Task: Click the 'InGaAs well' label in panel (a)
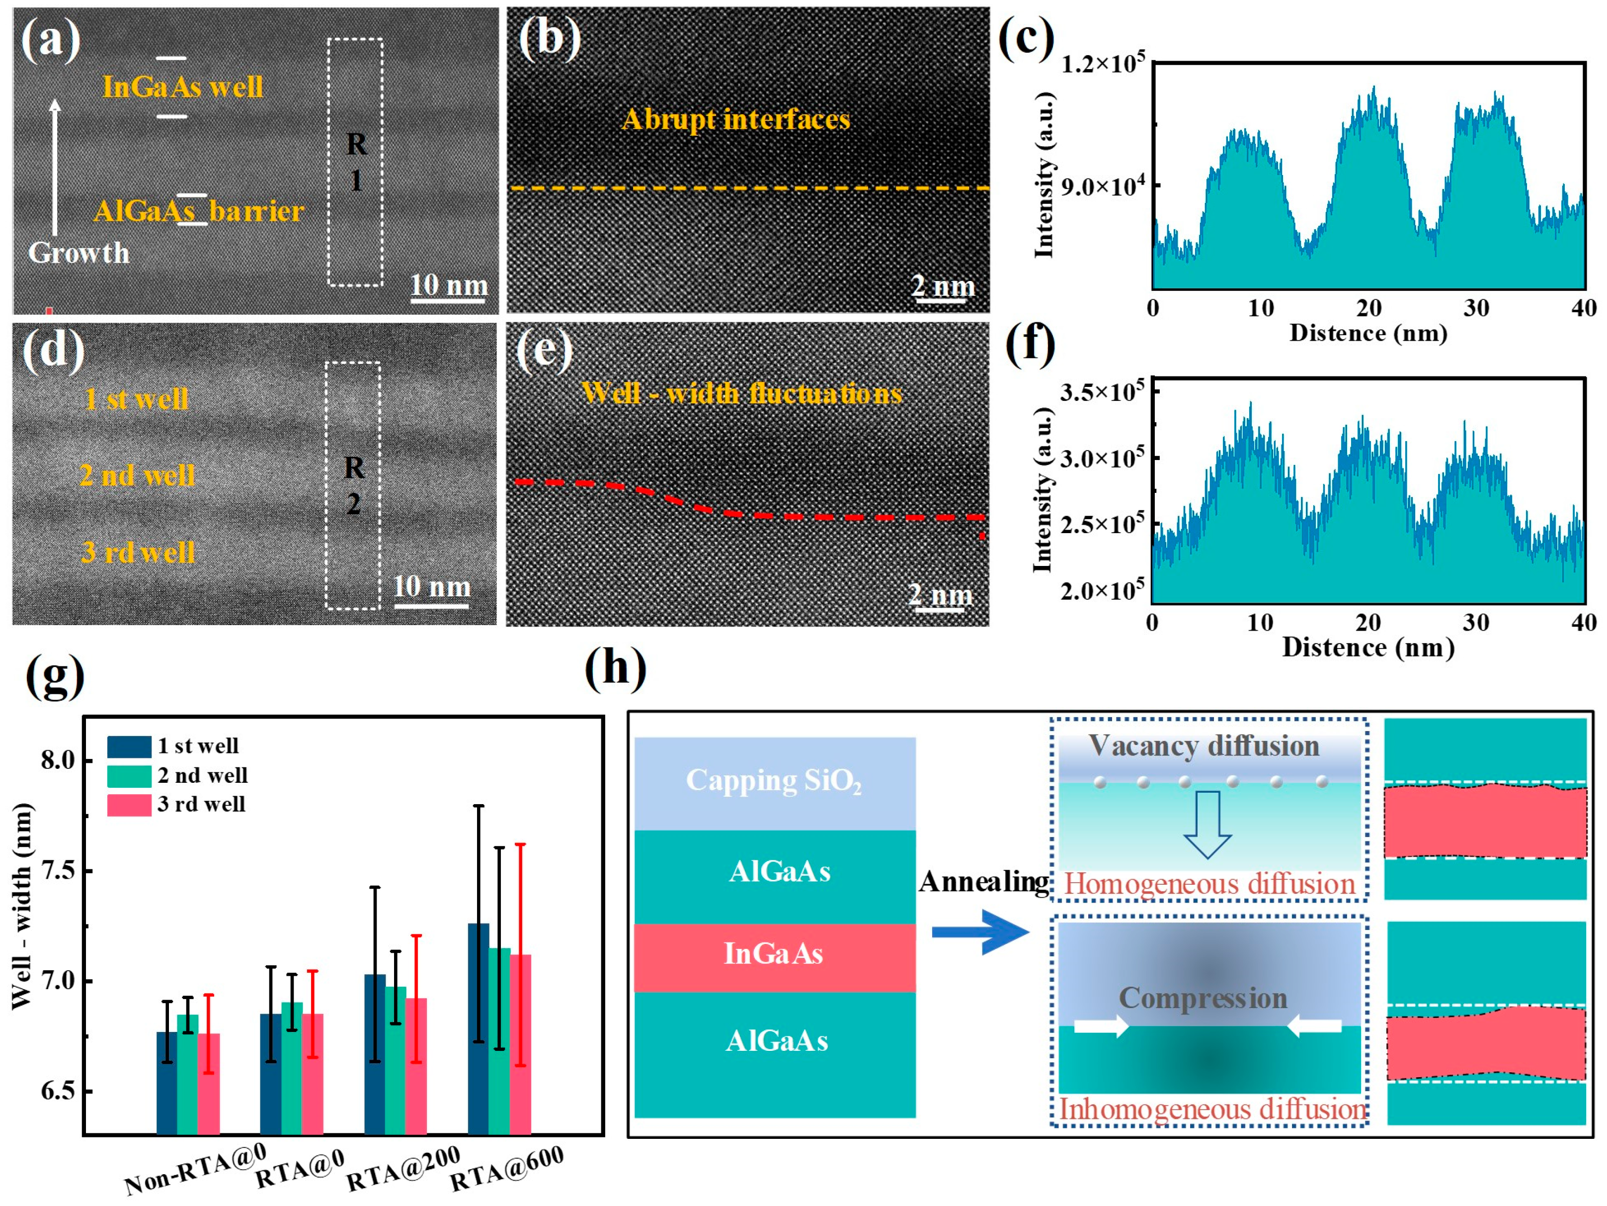click(182, 87)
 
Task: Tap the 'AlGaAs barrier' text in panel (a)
click(198, 211)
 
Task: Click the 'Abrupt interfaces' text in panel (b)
click(735, 120)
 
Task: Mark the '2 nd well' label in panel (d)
click(137, 475)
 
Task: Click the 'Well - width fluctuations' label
click(742, 393)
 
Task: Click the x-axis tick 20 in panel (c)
click(1368, 309)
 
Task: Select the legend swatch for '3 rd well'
click(129, 805)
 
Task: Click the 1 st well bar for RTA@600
click(478, 1028)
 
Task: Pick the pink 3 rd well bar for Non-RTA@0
click(209, 1083)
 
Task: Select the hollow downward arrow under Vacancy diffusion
click(1207, 824)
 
